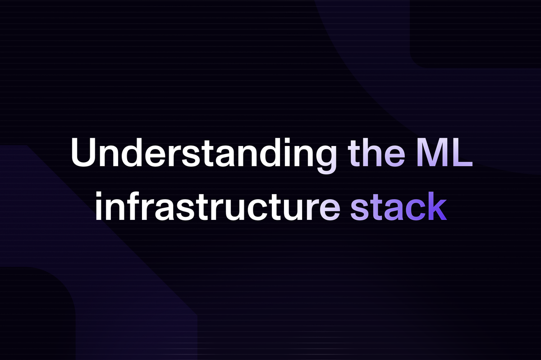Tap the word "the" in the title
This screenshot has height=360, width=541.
click(376, 152)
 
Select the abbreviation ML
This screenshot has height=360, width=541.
click(445, 153)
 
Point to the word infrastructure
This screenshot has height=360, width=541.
click(218, 206)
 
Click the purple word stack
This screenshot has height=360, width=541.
click(399, 206)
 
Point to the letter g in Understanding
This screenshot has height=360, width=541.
click(326, 160)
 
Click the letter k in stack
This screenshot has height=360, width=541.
click(437, 206)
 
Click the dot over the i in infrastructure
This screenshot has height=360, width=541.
click(98, 195)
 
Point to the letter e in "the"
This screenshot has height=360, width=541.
click(394, 156)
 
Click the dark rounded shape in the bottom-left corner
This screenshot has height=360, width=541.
click(37, 314)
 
